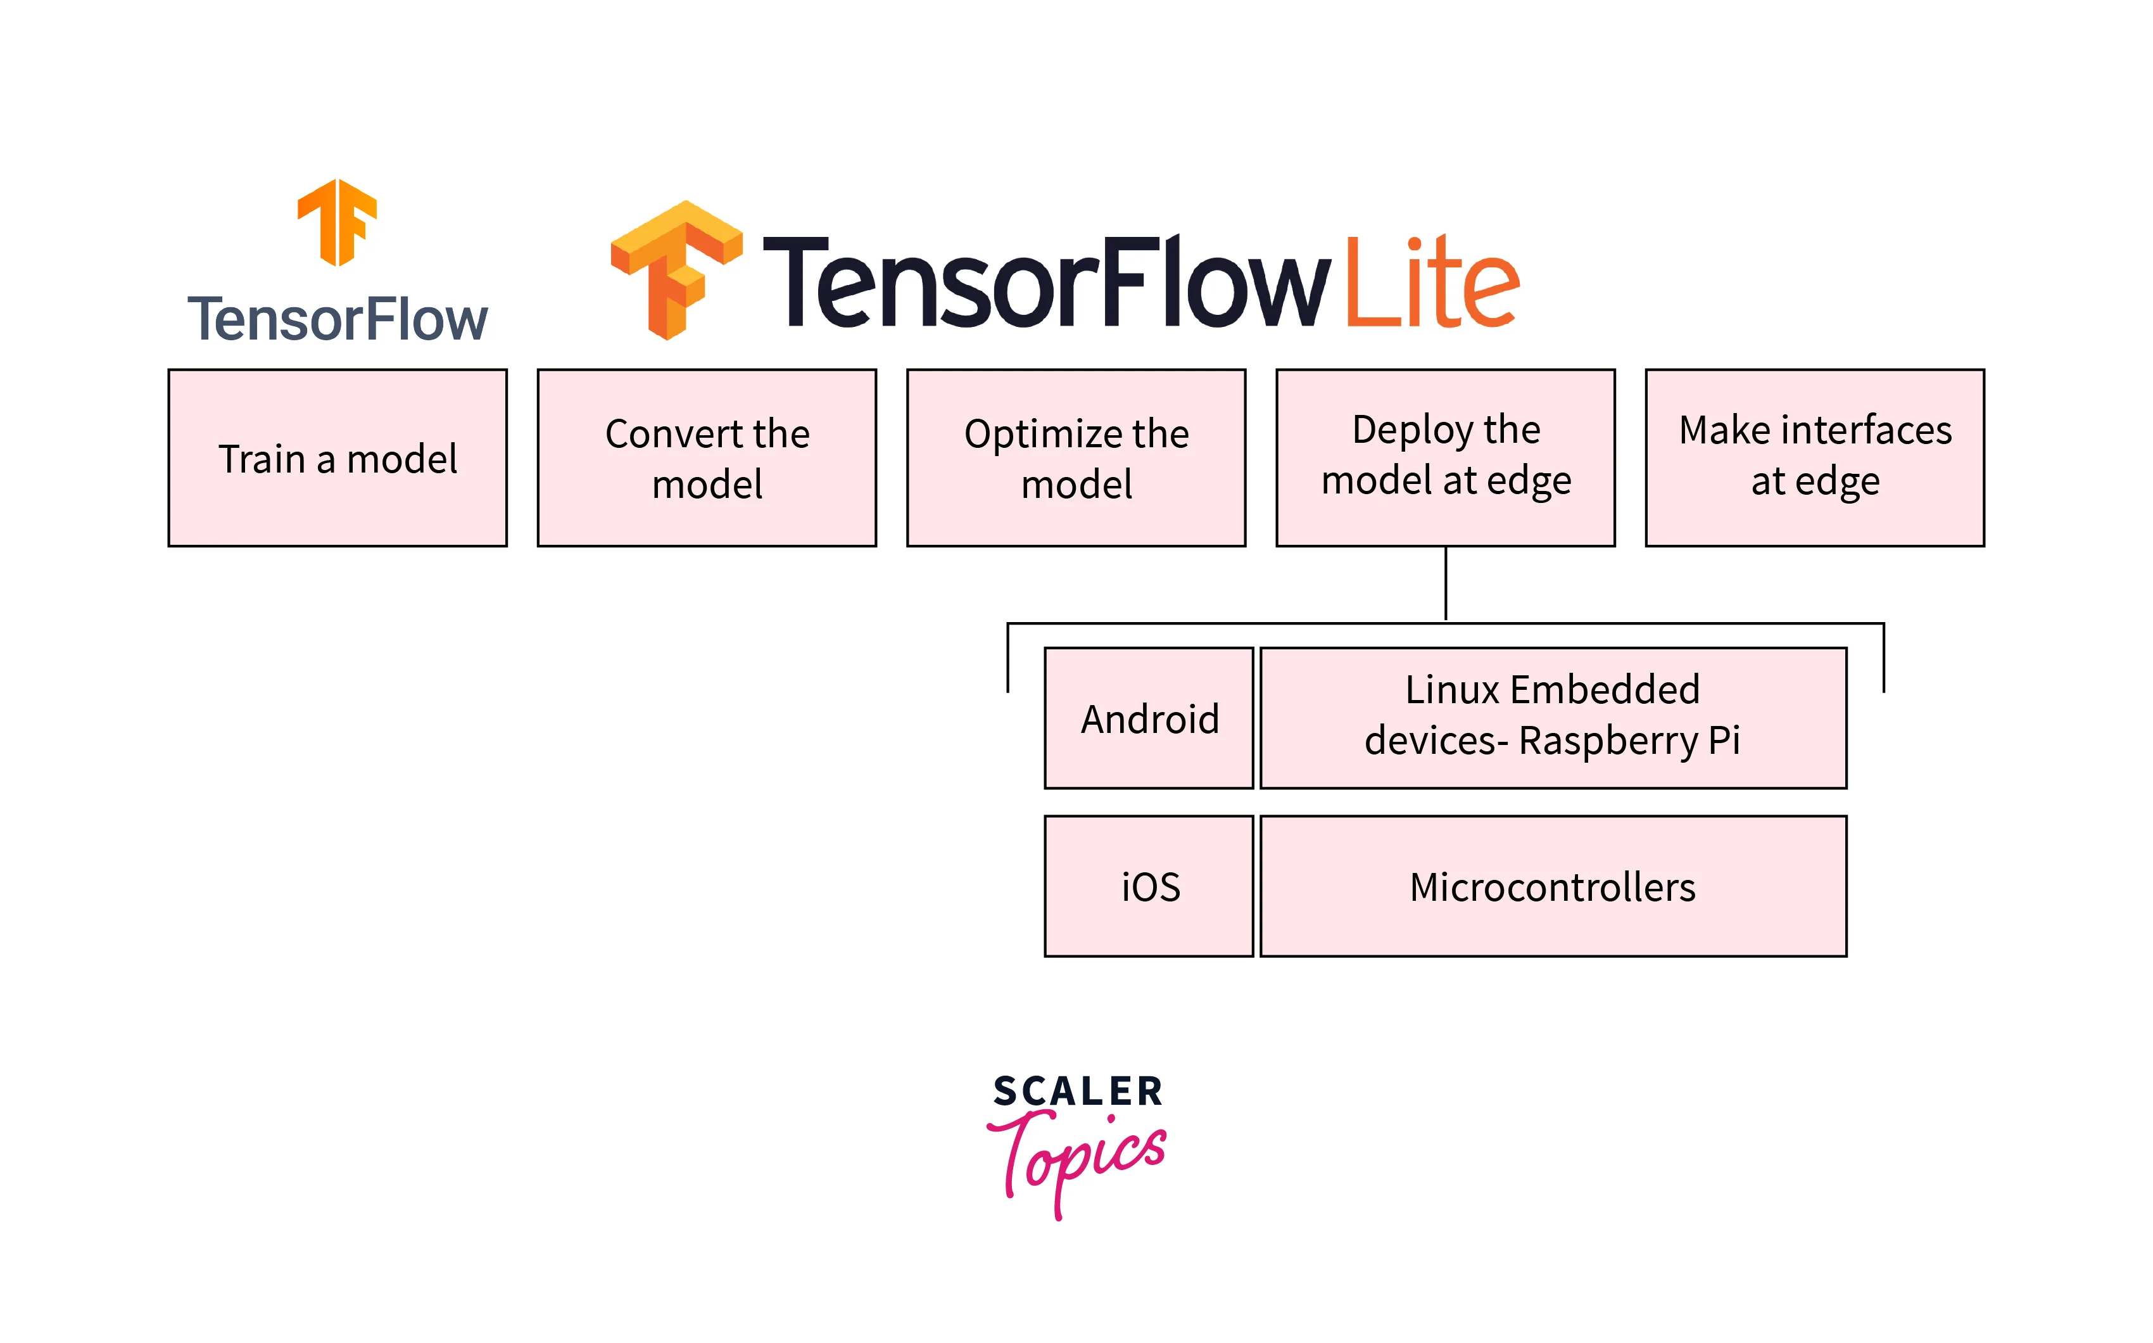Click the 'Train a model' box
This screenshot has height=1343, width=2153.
click(338, 457)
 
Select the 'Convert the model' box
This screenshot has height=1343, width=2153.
click(707, 457)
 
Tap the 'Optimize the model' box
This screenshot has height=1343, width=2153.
click(1076, 457)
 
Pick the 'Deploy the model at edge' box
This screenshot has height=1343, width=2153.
click(1446, 457)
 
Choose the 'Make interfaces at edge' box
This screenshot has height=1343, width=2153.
click(1815, 457)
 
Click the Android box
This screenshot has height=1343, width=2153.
click(1149, 718)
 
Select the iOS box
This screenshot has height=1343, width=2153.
click(1149, 886)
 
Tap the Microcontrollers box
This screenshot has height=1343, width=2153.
click(1553, 886)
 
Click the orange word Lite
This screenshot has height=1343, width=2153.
click(1431, 283)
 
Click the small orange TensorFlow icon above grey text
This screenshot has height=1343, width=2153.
click(338, 222)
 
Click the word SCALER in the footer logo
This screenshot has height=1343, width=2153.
click(1077, 1092)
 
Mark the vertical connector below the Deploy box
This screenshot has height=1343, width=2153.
click(1446, 583)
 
